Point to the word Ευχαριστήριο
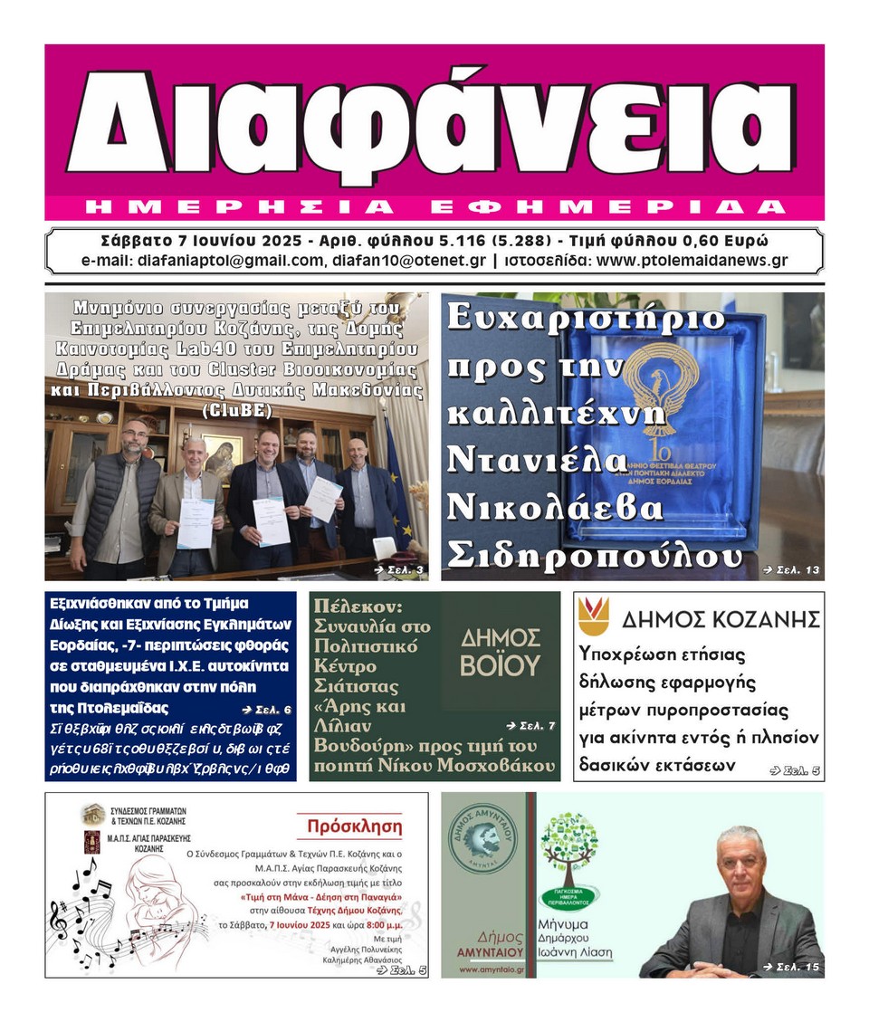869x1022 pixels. point(586,319)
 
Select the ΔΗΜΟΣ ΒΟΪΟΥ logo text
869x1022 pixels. point(500,653)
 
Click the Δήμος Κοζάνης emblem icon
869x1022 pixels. point(593,616)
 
